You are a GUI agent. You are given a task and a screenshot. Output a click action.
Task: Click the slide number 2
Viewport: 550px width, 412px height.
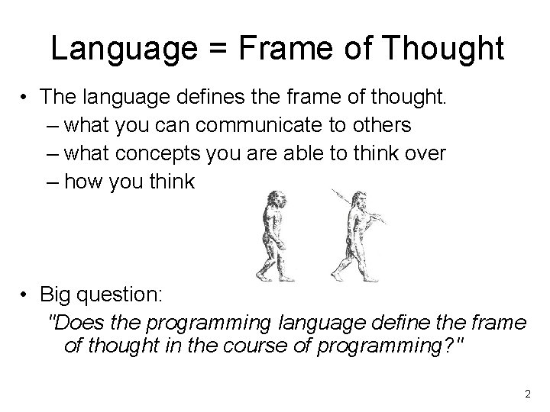(x=527, y=394)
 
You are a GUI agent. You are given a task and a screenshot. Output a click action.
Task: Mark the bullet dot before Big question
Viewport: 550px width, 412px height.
(x=25, y=295)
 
